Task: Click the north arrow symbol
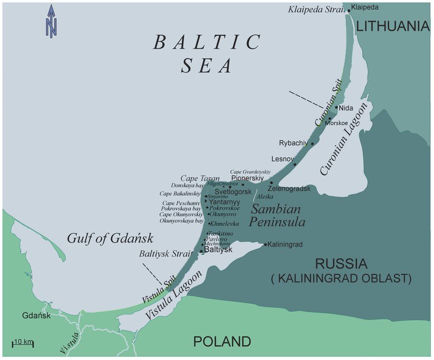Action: pyautogui.click(x=52, y=21)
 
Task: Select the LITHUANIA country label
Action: pyautogui.click(x=392, y=26)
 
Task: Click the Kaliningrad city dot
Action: pyautogui.click(x=266, y=245)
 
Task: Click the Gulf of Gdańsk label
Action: pyautogui.click(x=110, y=238)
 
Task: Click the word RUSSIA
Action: pyautogui.click(x=341, y=265)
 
